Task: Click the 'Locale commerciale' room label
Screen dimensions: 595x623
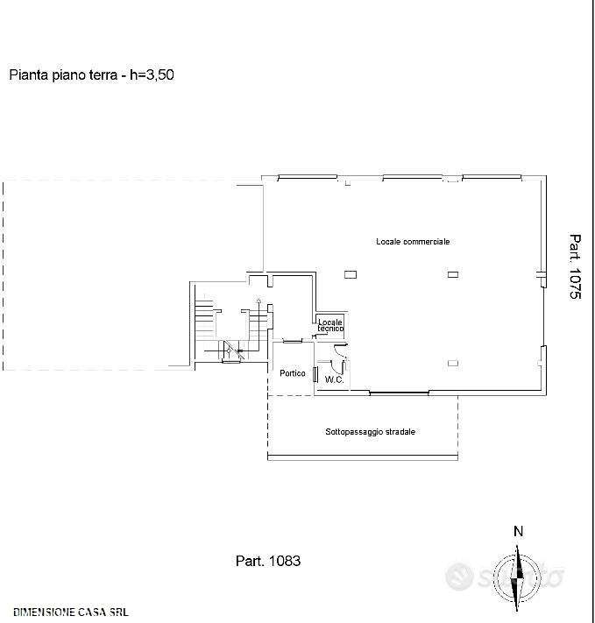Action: coord(413,242)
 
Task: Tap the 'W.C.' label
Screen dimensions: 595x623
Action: coord(334,379)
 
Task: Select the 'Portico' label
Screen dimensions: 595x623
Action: coord(293,373)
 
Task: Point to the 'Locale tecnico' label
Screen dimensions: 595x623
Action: coord(330,325)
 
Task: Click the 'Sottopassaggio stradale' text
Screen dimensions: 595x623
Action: coord(371,431)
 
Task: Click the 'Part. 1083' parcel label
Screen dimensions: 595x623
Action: coord(268,561)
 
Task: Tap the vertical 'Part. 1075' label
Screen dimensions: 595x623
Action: coord(575,266)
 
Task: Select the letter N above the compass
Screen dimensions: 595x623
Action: coord(518,531)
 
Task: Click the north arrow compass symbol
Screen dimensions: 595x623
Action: coord(517,577)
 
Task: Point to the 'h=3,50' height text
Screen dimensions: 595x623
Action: coord(152,74)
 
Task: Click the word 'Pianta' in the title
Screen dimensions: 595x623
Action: coord(29,74)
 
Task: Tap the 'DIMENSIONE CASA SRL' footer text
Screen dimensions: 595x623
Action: coord(71,612)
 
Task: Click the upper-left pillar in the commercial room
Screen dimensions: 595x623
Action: coord(351,274)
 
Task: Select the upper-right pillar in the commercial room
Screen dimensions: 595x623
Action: coord(453,274)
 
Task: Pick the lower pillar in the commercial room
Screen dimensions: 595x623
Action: coord(453,363)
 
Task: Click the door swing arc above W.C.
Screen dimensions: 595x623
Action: coord(339,350)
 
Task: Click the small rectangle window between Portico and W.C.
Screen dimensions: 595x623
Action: coord(315,375)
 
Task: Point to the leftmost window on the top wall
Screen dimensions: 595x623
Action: coord(308,177)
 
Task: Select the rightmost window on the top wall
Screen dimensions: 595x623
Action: coord(492,177)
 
